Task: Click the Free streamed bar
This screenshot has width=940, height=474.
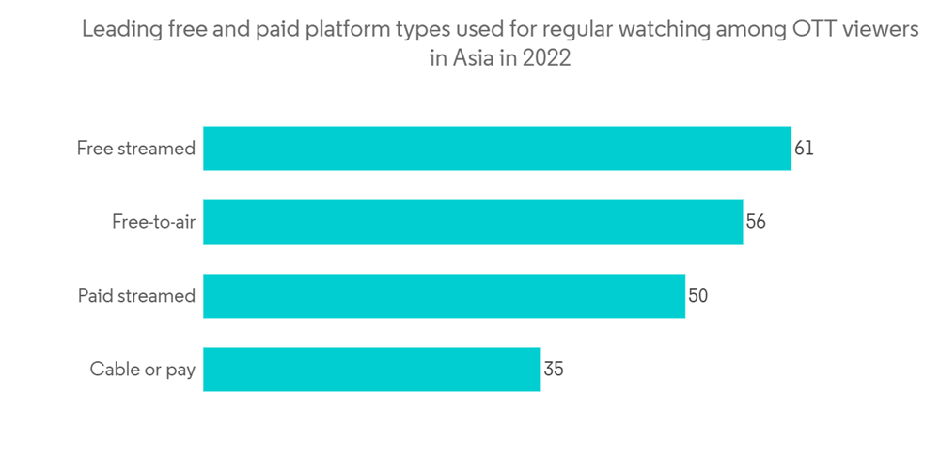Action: point(496,149)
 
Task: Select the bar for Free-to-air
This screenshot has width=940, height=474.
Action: point(473,222)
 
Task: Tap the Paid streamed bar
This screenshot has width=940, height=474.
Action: point(444,295)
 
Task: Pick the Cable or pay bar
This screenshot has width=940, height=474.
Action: point(371,369)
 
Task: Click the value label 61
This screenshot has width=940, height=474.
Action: point(804,149)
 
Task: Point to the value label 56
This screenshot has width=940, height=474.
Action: point(756,222)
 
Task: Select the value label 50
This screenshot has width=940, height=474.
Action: point(697,295)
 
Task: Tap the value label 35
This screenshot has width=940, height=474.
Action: point(553,369)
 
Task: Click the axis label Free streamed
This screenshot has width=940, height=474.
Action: point(136,149)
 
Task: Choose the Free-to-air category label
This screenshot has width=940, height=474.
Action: point(153,222)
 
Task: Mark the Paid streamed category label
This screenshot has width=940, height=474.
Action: point(136,295)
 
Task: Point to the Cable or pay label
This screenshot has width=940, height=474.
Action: point(143,369)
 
